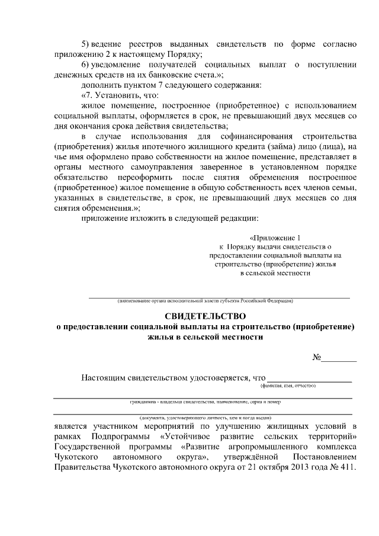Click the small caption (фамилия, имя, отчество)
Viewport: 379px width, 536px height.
(x=288, y=386)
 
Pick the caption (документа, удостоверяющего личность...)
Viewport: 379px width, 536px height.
(x=205, y=418)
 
